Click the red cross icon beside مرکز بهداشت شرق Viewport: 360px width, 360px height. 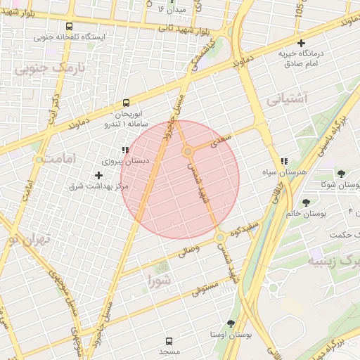pos(98,174)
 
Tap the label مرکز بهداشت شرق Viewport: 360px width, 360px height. pos(98,186)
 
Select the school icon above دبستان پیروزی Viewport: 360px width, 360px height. pos(124,149)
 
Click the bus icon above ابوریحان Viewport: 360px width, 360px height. pos(126,102)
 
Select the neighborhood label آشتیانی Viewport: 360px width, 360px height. pos(288,98)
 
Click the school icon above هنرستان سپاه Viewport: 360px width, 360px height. pos(284,161)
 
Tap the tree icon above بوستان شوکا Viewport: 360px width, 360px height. pos(341,174)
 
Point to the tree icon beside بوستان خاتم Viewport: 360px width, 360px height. pos(306,202)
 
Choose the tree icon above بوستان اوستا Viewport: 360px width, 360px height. pos(230,323)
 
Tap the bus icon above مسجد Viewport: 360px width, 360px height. pos(169,340)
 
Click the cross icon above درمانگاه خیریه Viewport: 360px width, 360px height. pos(300,44)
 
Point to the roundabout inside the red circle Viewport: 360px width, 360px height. pos(188,152)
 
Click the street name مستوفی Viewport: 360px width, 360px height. pos(205,287)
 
